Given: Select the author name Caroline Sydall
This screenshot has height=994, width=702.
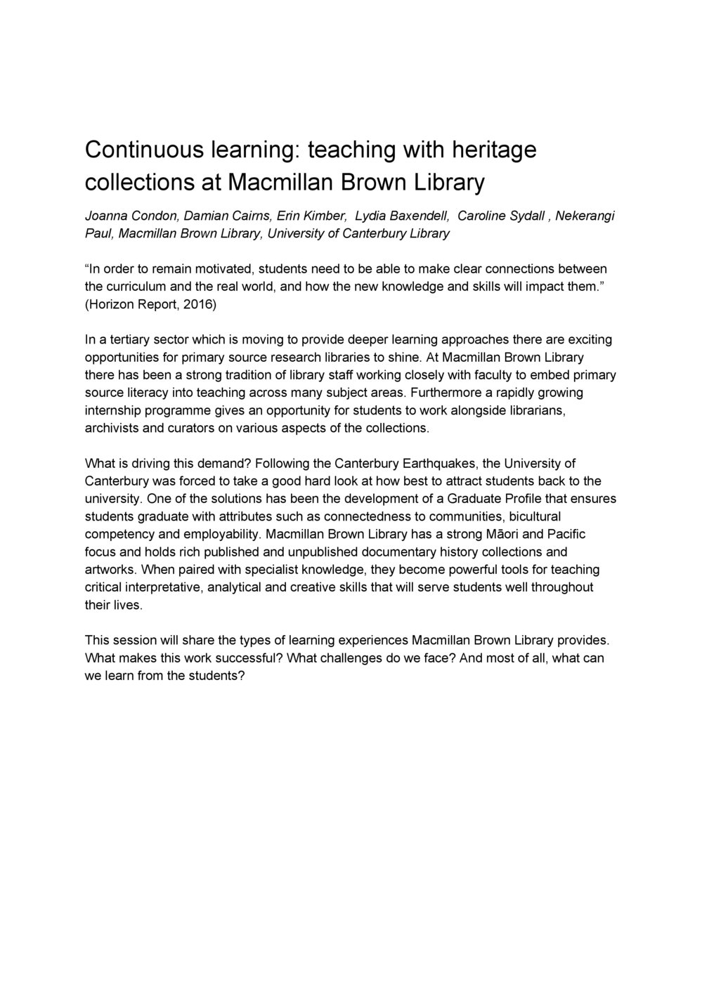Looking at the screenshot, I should coord(502,216).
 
